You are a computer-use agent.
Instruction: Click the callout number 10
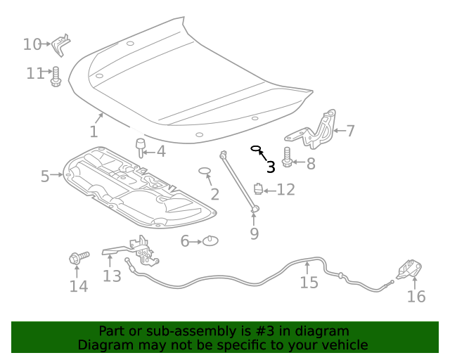32,44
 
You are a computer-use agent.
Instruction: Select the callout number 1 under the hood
94,131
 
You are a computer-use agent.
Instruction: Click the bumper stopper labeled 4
140,148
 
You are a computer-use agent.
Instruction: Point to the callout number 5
45,176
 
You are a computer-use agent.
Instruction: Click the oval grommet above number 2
205,172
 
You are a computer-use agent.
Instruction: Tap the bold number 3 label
271,167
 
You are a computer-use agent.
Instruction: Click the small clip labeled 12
258,188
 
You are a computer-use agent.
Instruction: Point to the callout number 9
254,233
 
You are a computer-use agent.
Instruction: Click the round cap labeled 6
210,241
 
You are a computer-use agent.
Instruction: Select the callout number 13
112,276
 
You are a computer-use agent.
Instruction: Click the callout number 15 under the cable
309,282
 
